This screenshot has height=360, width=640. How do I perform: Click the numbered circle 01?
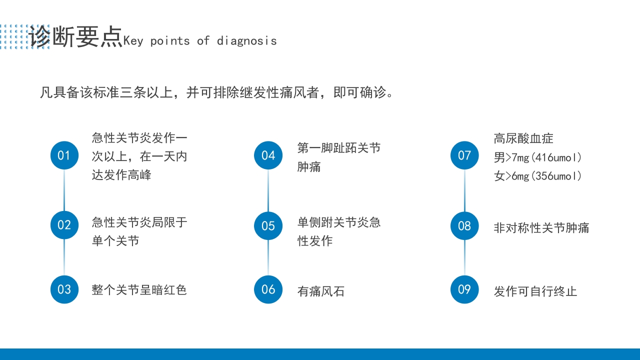point(64,155)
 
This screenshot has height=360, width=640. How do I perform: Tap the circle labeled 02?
point(64,225)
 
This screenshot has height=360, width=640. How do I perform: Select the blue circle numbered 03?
point(64,289)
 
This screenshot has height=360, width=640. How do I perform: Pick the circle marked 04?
point(268,155)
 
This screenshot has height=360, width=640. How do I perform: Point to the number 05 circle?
point(268,226)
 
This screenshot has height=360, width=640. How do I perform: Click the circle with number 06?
point(268,289)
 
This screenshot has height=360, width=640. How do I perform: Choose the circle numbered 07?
point(464,155)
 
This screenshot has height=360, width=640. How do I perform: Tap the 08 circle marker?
point(464,226)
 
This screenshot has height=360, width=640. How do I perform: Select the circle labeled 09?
point(464,289)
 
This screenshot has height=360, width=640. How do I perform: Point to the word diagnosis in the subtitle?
point(246,41)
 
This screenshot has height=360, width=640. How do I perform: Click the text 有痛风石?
point(321,291)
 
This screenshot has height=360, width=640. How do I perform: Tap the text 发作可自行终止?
point(535,291)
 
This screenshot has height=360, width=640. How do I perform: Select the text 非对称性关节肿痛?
point(541,228)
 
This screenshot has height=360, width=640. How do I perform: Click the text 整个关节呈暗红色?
point(139,290)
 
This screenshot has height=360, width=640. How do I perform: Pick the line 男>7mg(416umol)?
point(538,158)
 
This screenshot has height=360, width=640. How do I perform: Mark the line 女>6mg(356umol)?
point(538,176)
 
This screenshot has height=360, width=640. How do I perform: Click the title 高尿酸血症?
point(523,138)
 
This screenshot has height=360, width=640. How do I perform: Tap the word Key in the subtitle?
point(133,41)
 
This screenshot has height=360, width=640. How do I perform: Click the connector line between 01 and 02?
point(64,190)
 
